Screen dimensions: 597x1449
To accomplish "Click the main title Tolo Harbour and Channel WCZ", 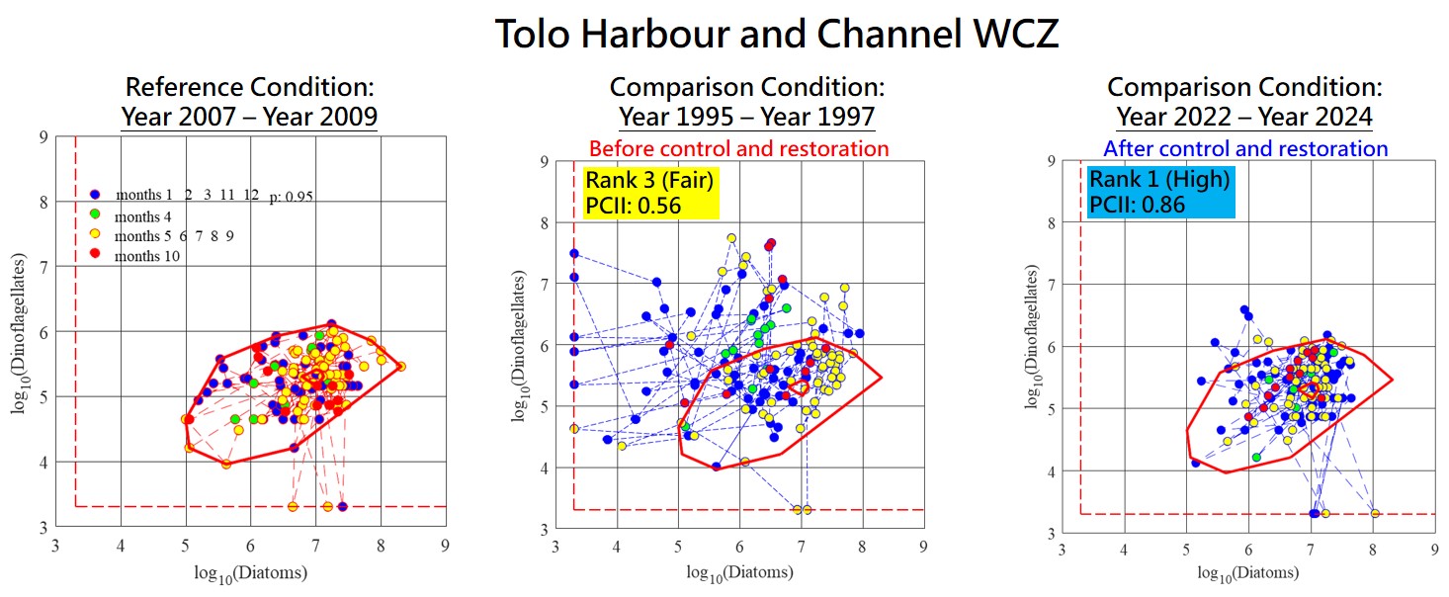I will click(x=776, y=34).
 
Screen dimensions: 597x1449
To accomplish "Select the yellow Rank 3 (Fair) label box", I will click(x=649, y=193).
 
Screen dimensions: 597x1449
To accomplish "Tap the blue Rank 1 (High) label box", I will click(x=1158, y=193).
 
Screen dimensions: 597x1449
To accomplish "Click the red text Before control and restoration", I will click(x=738, y=149).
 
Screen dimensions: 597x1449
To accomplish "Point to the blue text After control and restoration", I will click(x=1244, y=149).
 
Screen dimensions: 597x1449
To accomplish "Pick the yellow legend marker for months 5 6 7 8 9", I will click(x=94, y=236).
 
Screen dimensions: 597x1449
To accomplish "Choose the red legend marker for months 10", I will click(x=94, y=256).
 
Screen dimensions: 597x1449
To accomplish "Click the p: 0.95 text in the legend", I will click(x=292, y=198).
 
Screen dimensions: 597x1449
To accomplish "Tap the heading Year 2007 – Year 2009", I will click(x=249, y=118).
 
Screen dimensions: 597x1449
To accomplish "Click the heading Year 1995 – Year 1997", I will click(x=746, y=118).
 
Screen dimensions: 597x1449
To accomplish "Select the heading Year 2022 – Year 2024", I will click(x=1244, y=118).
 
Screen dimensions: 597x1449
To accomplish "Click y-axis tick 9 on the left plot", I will click(x=43, y=136).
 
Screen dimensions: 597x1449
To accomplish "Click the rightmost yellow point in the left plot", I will click(x=400, y=367).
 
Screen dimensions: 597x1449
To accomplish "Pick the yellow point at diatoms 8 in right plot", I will click(x=1375, y=513).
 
